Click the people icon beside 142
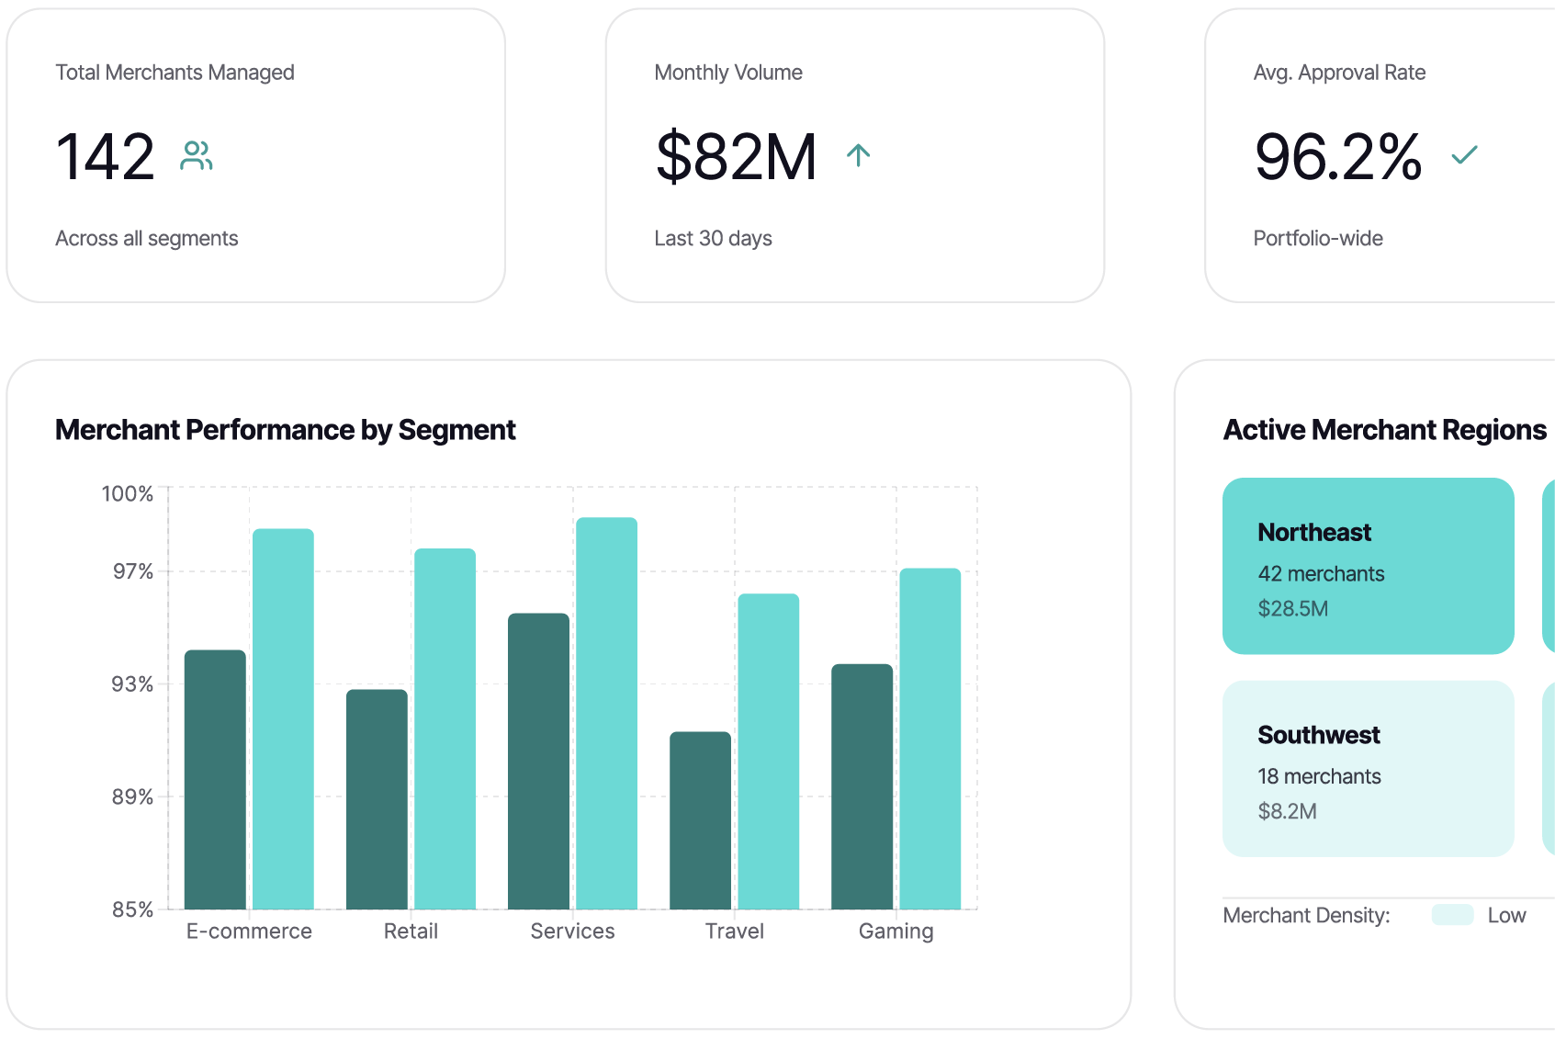[x=197, y=155]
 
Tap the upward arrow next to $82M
[x=858, y=155]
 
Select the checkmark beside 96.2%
[x=1464, y=155]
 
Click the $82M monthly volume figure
[x=736, y=156]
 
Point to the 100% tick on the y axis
[x=128, y=494]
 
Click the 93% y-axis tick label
[x=132, y=684]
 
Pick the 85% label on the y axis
[x=132, y=909]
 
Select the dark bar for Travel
[x=700, y=820]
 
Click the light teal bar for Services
[x=606, y=713]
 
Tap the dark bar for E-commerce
[x=215, y=779]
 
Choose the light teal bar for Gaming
[x=930, y=739]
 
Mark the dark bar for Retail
[x=377, y=799]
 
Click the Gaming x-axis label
[x=896, y=932]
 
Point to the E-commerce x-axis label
[x=249, y=932]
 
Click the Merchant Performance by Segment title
[x=285, y=430]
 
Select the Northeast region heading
[x=1314, y=533]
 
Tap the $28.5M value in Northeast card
[x=1292, y=609]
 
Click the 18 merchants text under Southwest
[x=1319, y=776]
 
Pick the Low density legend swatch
[x=1452, y=915]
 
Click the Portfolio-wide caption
[x=1317, y=239]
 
